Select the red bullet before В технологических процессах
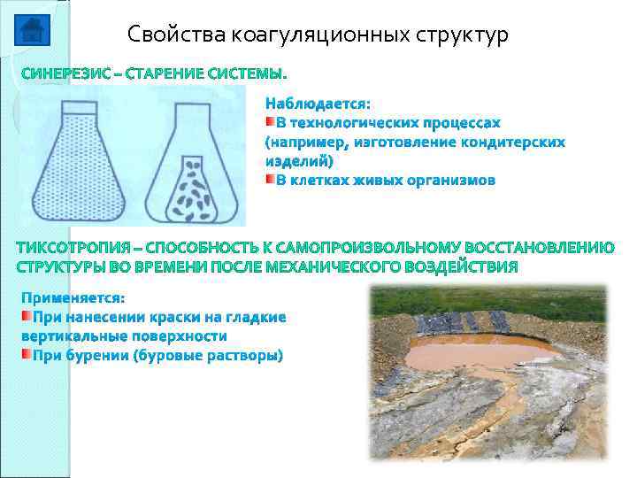click(270, 121)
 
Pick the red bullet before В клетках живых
click(270, 180)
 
